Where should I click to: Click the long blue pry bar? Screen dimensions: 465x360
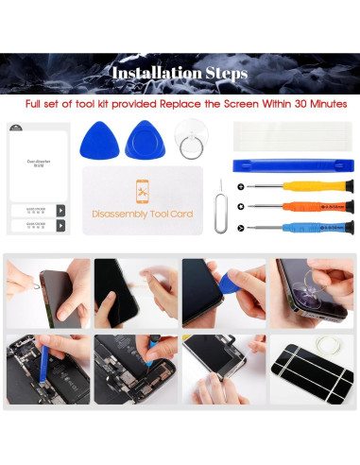[293, 164]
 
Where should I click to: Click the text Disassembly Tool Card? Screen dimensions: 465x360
[142, 215]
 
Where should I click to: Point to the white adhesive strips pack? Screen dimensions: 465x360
[293, 137]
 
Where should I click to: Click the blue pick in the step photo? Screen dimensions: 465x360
[227, 281]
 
